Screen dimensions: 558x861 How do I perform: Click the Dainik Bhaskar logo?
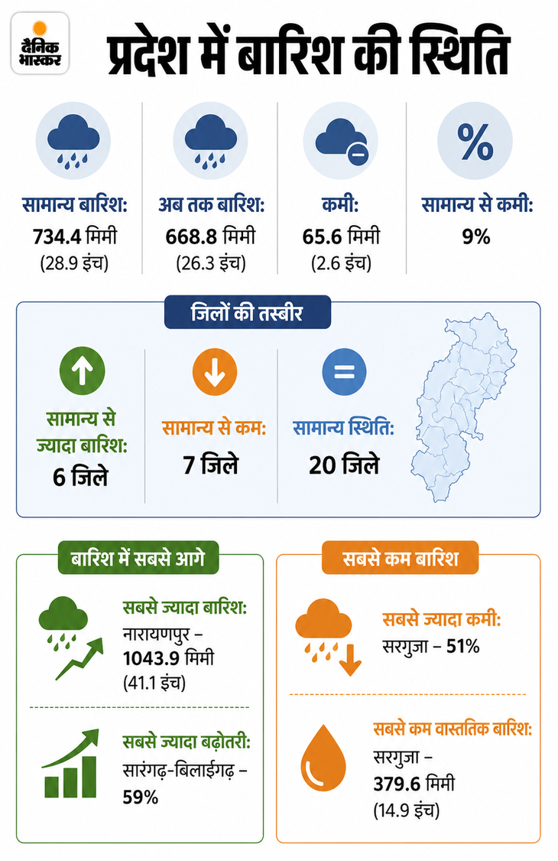pos(40,44)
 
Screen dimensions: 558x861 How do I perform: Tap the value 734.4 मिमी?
pos(75,236)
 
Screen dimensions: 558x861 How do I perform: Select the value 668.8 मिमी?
pos(211,236)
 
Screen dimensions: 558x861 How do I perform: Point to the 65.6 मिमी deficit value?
pos(341,236)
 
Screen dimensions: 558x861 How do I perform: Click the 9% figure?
pos(475,236)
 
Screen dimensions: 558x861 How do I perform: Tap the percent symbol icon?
pos(475,141)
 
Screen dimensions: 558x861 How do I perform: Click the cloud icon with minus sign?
pos(341,141)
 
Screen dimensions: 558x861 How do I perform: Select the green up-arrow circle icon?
pos(83,370)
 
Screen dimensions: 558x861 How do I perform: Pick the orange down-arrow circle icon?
pos(215,372)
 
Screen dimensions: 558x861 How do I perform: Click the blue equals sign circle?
pos(344,372)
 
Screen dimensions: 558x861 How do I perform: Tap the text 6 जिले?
pos(81,477)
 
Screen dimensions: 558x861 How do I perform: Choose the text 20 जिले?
pos(344,465)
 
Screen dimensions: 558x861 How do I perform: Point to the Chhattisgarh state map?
pos(464,407)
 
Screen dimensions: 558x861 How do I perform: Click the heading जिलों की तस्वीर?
pos(248,312)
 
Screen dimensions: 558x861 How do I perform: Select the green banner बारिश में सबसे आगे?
pos(138,558)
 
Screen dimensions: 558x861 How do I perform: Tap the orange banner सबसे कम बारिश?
pos(401,558)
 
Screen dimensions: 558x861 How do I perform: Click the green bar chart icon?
pos(71,764)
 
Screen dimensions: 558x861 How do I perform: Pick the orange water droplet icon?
pos(324,758)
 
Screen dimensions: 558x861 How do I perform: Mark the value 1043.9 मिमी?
pos(168,658)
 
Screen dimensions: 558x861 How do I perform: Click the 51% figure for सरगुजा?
pos(463,646)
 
